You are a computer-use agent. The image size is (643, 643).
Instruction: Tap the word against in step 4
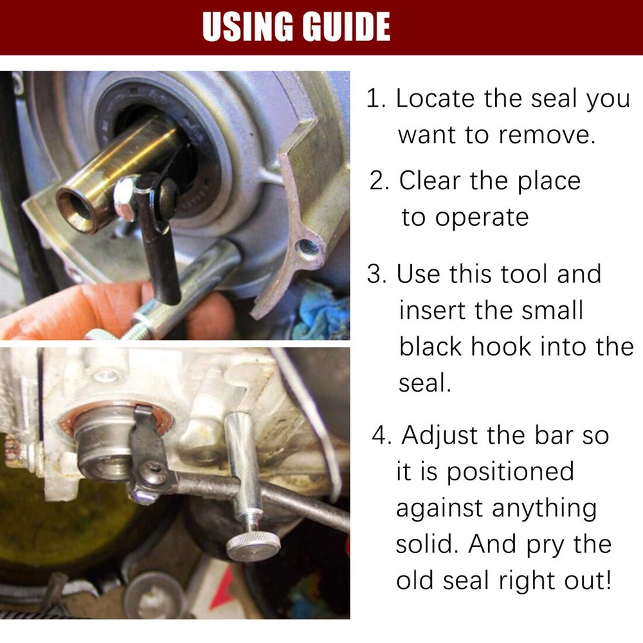pyautogui.click(x=439, y=509)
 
